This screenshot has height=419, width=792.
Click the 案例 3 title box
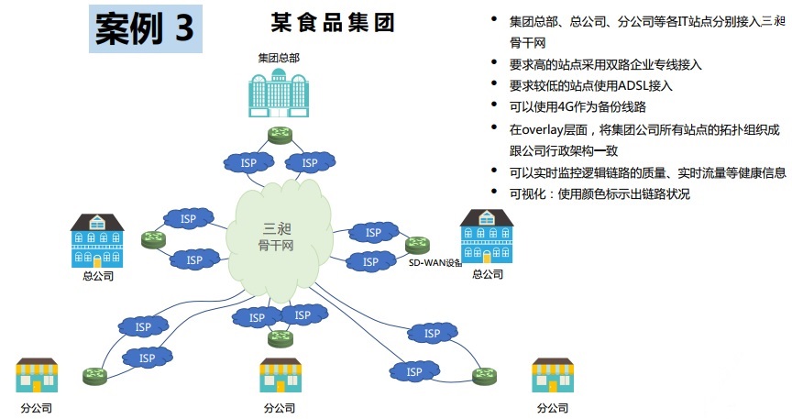(x=145, y=29)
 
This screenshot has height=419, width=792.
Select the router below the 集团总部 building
(x=280, y=136)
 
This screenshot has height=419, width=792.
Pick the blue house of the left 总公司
(x=97, y=240)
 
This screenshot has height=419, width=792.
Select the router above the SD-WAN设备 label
(x=418, y=244)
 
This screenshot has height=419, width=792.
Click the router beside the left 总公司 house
(x=152, y=240)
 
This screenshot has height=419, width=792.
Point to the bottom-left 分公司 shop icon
(x=37, y=375)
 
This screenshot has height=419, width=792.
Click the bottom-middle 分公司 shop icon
(x=280, y=375)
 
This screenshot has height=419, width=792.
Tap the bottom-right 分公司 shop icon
(x=552, y=375)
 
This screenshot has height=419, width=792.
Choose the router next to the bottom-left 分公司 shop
(x=94, y=375)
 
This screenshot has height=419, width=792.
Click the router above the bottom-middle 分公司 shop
(x=280, y=338)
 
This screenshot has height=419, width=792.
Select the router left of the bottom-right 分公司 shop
(x=483, y=375)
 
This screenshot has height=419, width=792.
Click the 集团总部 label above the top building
(x=279, y=58)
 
